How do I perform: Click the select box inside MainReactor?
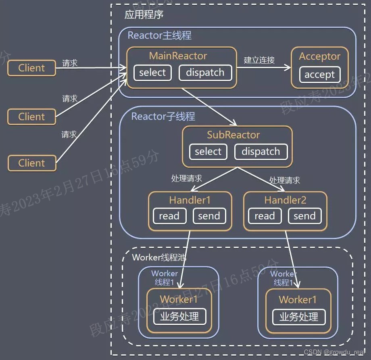152,73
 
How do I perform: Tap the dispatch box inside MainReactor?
205,73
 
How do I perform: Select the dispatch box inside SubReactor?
261,152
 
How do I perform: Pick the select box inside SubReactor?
208,152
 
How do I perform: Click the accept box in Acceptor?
319,75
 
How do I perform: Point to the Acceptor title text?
319,57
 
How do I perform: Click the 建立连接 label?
259,60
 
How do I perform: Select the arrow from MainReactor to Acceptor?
264,68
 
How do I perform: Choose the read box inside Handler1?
169,216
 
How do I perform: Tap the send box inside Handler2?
304,216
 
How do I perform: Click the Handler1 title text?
190,200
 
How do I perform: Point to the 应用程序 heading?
144,15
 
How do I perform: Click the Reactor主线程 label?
159,36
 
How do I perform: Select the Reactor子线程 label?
163,117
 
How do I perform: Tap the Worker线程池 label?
159,257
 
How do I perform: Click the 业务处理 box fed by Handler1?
179,316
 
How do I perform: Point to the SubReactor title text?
233,135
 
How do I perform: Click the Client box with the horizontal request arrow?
31,68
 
